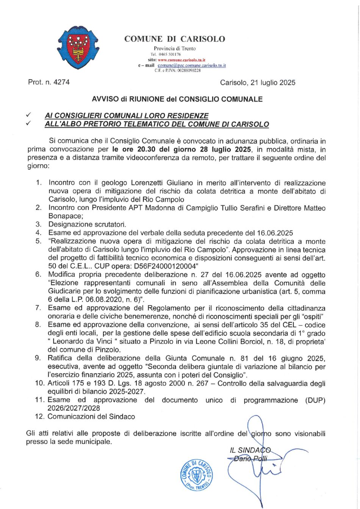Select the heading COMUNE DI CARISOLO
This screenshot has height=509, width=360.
tap(175, 39)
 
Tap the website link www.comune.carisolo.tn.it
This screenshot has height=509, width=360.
tap(182, 60)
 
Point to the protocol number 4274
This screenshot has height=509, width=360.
tap(62, 82)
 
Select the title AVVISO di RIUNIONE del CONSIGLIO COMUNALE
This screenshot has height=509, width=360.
tap(177, 99)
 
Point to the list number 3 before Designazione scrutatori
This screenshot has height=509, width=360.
tap(38, 224)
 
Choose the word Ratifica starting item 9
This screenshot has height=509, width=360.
tap(61, 358)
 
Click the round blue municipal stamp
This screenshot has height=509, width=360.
tap(196, 475)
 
